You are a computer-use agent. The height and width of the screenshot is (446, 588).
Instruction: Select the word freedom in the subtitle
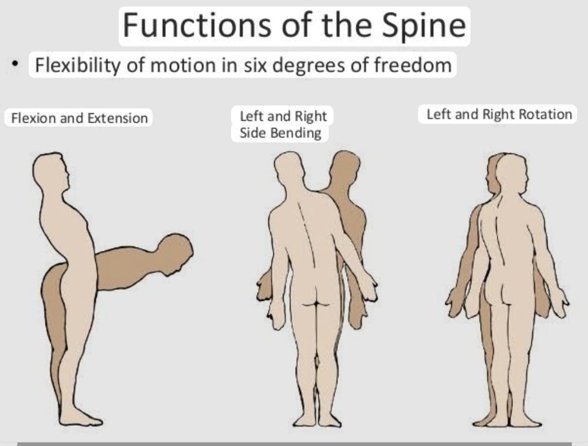[412, 64]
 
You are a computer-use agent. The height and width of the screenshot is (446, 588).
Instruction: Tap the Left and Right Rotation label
[499, 114]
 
